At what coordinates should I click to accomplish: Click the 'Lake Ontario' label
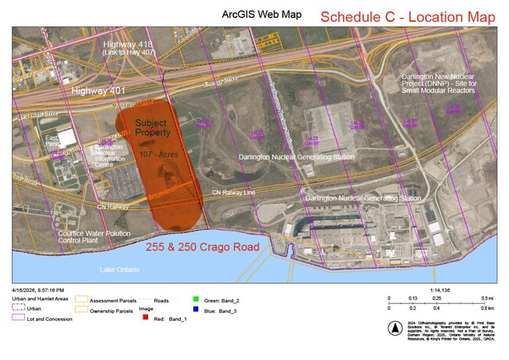coord(120,269)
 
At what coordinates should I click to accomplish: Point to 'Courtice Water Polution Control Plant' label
coord(92,237)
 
